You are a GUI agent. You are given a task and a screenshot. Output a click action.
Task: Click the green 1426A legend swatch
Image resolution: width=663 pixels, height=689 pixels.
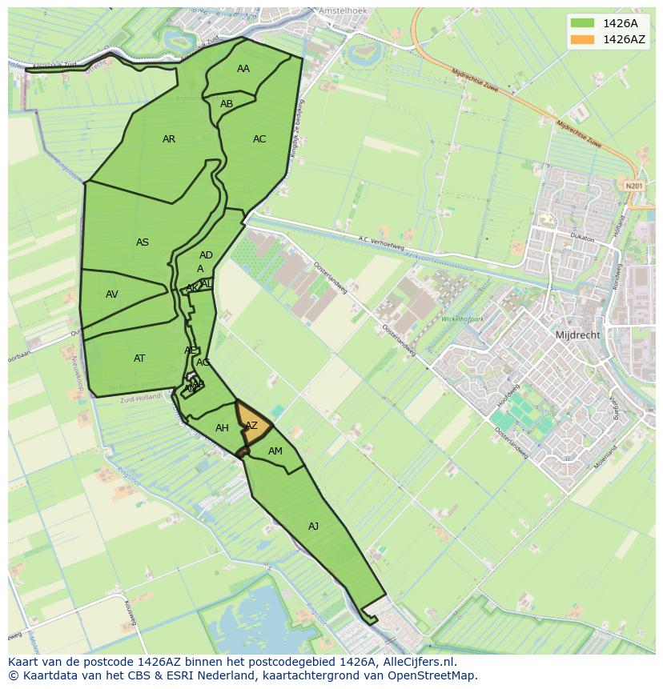pos(583,22)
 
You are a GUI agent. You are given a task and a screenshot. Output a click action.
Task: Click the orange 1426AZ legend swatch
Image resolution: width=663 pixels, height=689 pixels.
pos(583,38)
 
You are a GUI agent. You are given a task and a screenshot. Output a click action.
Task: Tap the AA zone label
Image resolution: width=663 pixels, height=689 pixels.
pos(243,69)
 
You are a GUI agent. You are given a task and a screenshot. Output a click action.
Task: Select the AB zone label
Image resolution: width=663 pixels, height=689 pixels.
pos(227,104)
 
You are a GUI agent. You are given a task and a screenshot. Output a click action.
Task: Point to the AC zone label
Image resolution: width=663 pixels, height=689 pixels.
pos(259,139)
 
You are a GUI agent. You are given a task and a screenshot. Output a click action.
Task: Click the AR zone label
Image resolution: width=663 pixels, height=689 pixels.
pos(169,139)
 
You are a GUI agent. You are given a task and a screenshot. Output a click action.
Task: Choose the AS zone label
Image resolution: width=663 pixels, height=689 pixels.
pos(143,242)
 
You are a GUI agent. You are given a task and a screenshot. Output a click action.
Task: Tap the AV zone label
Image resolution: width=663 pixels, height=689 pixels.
pos(112,294)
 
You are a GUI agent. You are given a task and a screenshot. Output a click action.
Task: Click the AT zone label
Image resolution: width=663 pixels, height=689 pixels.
pos(139,359)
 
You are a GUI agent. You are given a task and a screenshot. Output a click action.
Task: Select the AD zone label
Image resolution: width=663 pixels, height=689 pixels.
pos(206,256)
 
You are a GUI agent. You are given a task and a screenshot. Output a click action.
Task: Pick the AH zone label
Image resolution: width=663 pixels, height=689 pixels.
pos(222,428)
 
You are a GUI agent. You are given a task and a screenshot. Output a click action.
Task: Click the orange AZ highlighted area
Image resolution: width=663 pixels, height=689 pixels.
pos(251,426)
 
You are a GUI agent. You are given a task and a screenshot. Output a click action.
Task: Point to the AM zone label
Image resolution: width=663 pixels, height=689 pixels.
pos(275,451)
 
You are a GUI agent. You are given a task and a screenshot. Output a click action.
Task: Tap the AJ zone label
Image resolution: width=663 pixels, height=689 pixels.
pos(313,526)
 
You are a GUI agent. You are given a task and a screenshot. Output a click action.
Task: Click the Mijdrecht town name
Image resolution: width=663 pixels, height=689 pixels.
pos(577,335)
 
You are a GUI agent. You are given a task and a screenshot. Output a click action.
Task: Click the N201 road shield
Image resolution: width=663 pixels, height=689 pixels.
pos(634,186)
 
